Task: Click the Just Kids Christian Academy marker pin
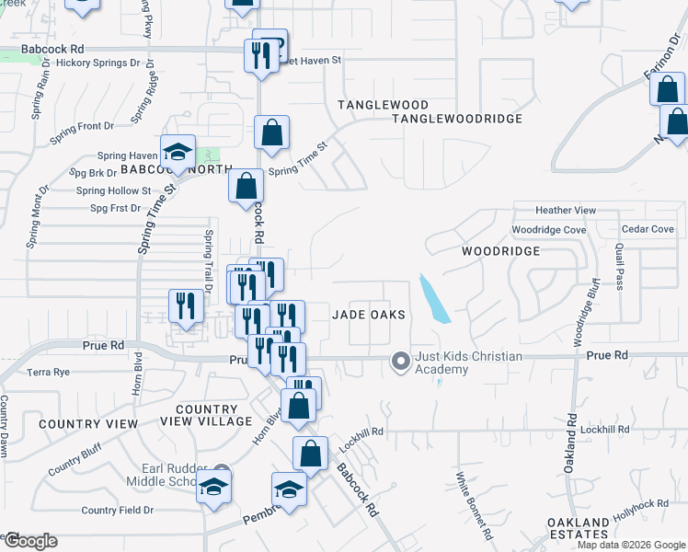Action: [400, 362]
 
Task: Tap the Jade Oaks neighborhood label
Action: [368, 315]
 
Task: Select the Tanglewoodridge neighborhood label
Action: [456, 119]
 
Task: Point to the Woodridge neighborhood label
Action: [499, 250]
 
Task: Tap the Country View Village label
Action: [212, 415]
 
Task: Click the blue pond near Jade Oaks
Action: [432, 298]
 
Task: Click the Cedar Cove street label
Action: [648, 229]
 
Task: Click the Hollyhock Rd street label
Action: [644, 512]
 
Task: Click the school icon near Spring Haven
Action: [178, 151]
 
